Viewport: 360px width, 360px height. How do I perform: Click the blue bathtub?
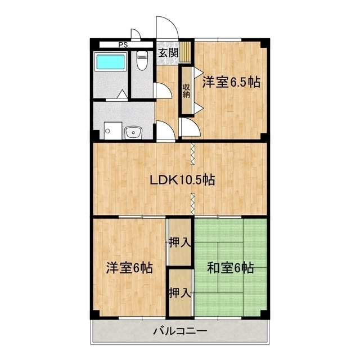point(111,61)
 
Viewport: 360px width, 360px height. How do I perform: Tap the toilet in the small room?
point(142,60)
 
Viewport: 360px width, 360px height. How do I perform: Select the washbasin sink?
point(134,133)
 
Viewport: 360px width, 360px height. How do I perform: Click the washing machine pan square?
point(112,130)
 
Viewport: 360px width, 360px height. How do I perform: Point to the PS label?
point(123,45)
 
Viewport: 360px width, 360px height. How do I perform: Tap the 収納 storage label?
point(186,91)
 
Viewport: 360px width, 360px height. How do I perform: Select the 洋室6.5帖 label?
point(231,82)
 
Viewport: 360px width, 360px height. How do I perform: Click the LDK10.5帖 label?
point(182,180)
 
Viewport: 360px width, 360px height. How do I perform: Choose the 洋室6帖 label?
point(129,268)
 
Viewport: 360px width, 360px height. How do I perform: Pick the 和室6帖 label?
point(230,268)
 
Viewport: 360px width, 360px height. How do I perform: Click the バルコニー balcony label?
point(180,331)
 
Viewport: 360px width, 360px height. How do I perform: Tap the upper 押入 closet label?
point(180,242)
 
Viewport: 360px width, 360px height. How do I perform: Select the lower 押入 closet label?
point(180,293)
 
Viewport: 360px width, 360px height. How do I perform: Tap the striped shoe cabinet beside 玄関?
point(185,51)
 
